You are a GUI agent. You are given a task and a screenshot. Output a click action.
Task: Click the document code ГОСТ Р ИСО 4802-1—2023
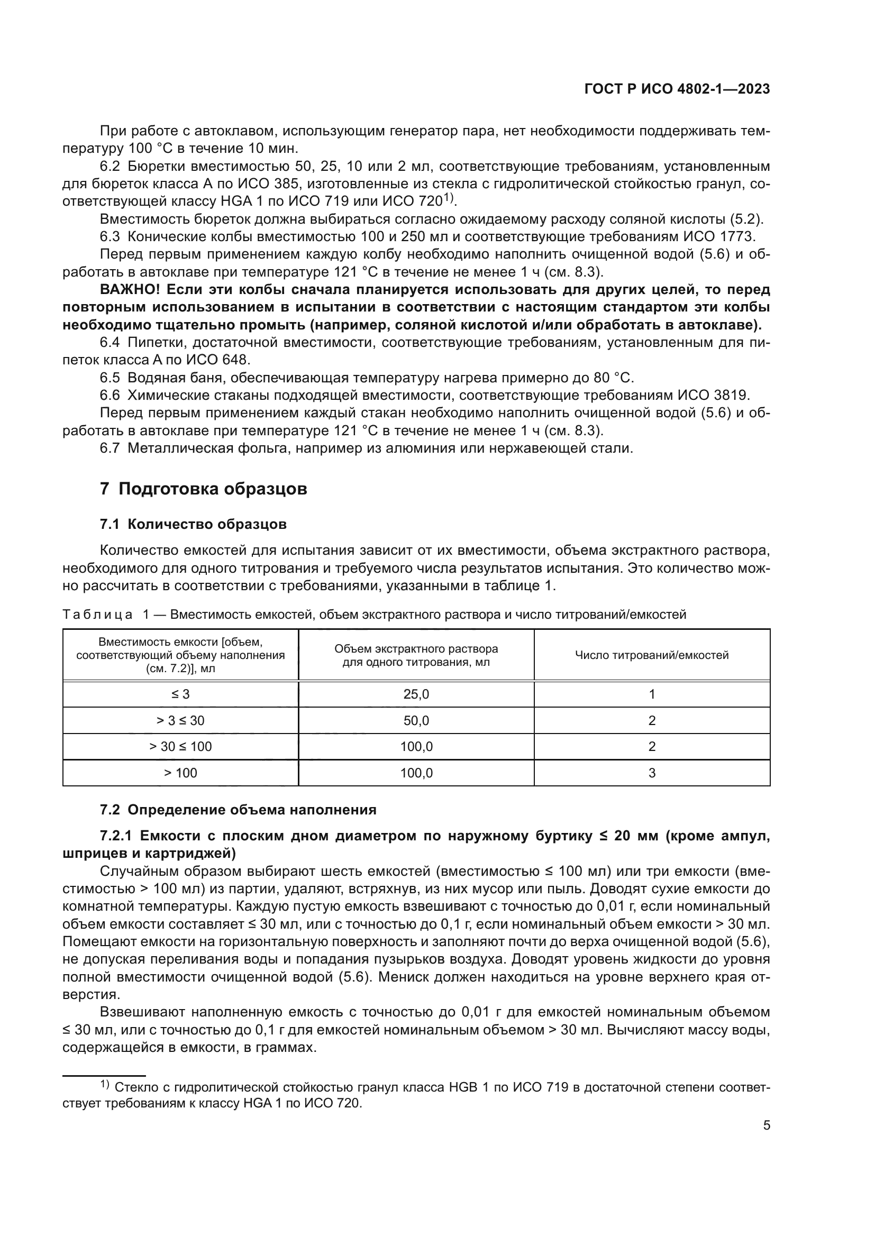[x=677, y=89]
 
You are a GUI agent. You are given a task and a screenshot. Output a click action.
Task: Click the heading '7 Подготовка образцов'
[x=203, y=489]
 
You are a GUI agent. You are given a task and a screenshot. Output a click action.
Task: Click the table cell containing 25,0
[x=416, y=694]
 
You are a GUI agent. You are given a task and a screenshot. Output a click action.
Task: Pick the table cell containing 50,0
[x=416, y=720]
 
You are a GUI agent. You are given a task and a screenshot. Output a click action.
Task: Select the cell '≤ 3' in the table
[x=180, y=694]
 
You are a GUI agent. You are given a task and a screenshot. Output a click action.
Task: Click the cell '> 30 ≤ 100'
[x=180, y=746]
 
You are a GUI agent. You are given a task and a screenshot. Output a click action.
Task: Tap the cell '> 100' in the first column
[x=180, y=773]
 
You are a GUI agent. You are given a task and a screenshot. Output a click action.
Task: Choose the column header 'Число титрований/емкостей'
[x=651, y=655]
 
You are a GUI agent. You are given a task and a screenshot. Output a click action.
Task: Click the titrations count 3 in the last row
[x=651, y=773]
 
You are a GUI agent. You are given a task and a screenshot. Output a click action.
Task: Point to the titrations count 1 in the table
[x=651, y=694]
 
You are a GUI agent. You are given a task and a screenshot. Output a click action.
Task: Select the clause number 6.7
[x=110, y=448]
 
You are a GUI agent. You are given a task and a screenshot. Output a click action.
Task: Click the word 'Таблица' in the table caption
[x=97, y=614]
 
